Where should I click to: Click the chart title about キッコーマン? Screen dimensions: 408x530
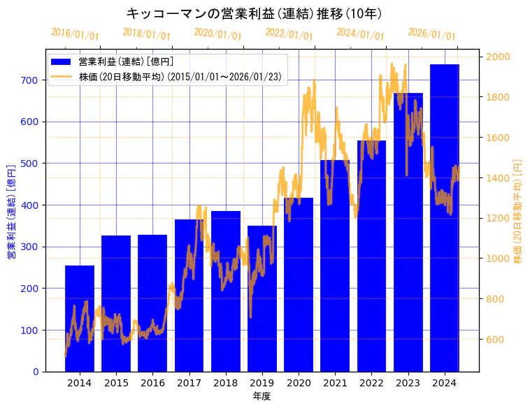point(255,13)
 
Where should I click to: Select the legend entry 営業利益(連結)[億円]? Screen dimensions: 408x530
point(126,61)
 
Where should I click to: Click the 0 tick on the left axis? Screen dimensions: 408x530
point(36,372)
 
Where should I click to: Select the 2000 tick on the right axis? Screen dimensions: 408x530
point(499,57)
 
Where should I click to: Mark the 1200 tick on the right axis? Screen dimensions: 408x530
point(499,219)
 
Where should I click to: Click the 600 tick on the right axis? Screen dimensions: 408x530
point(496,340)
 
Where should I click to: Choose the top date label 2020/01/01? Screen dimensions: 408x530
point(217,34)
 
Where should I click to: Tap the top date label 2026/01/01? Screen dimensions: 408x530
point(431,34)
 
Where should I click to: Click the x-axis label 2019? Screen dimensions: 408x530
point(262,383)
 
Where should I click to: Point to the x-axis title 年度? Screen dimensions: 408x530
point(262,396)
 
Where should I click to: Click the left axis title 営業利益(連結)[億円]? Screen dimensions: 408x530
point(10,212)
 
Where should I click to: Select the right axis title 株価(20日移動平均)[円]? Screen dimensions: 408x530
point(518,210)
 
